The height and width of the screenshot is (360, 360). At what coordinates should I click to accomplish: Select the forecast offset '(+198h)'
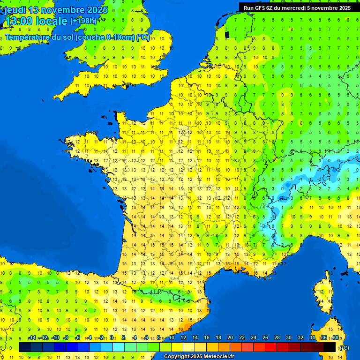coord(83,21)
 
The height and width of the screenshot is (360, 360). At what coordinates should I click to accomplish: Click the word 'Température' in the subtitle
coord(29,37)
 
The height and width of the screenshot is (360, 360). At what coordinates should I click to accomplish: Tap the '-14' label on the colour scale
coord(32,338)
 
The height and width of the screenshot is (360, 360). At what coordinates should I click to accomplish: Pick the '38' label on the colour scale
coord(335,338)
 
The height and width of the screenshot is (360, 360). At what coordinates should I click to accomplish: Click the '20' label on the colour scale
coord(230,338)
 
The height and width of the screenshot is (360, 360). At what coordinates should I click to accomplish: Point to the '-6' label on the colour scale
coord(77,338)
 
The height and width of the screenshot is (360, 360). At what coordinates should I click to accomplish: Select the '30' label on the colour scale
coord(288,338)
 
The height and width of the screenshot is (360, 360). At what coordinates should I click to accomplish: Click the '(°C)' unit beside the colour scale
coord(344,347)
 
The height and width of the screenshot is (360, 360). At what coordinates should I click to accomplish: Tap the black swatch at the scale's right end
coord(330,347)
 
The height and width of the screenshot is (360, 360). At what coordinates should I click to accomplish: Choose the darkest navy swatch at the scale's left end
coord(25,347)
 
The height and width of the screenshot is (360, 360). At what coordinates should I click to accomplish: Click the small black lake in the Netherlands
coord(227,34)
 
